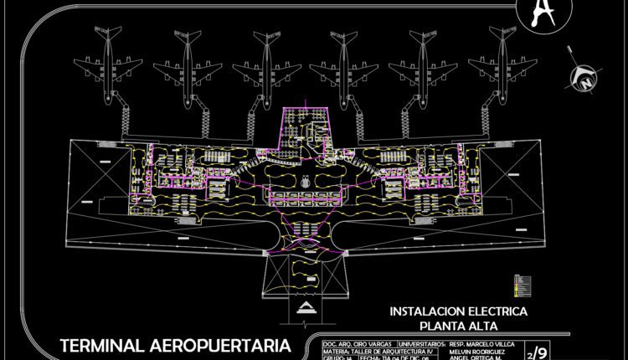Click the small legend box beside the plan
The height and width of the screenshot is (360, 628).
click(522, 285)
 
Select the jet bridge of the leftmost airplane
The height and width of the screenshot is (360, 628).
click(126, 118)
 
